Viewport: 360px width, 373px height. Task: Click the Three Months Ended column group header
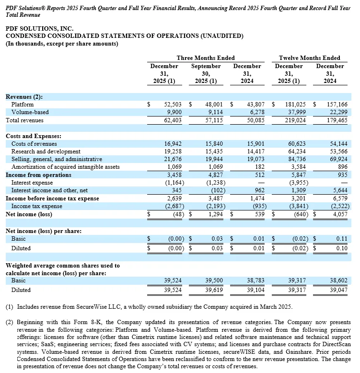point(205,58)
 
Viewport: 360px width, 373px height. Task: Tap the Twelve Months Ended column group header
point(309,58)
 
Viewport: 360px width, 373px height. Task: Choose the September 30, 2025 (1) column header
point(206,73)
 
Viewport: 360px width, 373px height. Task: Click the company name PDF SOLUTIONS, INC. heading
point(39,29)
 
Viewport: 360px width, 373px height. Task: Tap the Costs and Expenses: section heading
point(34,136)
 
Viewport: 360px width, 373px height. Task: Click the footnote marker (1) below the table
point(9,306)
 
